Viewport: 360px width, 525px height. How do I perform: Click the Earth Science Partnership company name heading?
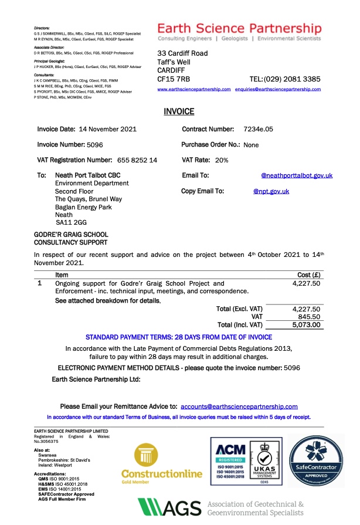coord(239,29)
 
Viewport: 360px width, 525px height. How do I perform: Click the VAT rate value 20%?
coord(222,160)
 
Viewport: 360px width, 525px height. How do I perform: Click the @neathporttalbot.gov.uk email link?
coord(297,175)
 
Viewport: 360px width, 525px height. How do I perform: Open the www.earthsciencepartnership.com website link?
coord(194,89)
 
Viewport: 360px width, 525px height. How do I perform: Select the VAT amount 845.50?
coord(309,316)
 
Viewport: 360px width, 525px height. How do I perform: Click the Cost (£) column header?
coord(309,275)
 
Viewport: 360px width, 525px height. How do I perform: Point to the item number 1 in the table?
coord(39,283)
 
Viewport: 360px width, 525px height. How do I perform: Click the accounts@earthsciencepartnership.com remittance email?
coord(239,406)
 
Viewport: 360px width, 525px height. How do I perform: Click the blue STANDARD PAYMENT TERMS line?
coord(179,337)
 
